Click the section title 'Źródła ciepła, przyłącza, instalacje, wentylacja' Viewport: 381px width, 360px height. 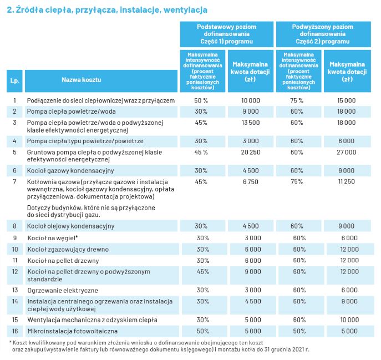click(x=111, y=10)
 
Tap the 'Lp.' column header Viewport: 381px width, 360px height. click(x=14, y=80)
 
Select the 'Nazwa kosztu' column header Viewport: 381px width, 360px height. click(x=82, y=80)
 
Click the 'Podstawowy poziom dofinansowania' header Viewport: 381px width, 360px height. click(x=226, y=31)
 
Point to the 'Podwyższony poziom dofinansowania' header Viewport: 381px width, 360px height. click(x=322, y=31)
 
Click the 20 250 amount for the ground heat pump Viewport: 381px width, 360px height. click(x=251, y=153)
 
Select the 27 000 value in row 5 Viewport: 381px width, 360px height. click(x=346, y=153)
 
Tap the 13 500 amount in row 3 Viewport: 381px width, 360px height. click(x=251, y=123)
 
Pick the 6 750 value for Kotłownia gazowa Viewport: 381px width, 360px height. click(x=251, y=182)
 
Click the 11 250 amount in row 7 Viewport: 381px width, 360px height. click(x=346, y=181)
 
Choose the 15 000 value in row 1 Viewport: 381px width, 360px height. click(x=346, y=100)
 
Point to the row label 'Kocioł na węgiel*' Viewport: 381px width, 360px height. click(x=53, y=238)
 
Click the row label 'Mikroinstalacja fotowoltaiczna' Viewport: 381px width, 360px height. click(x=73, y=331)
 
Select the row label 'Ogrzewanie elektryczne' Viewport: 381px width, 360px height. click(x=63, y=291)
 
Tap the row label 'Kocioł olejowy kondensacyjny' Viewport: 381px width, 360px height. click(x=70, y=226)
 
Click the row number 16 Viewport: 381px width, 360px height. click(x=15, y=331)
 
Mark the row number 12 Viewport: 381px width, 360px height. click(x=15, y=272)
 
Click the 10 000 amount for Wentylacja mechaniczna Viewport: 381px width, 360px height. click(x=349, y=320)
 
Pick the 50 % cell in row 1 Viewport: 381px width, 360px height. click(x=201, y=100)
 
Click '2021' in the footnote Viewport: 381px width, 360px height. click(x=298, y=349)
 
